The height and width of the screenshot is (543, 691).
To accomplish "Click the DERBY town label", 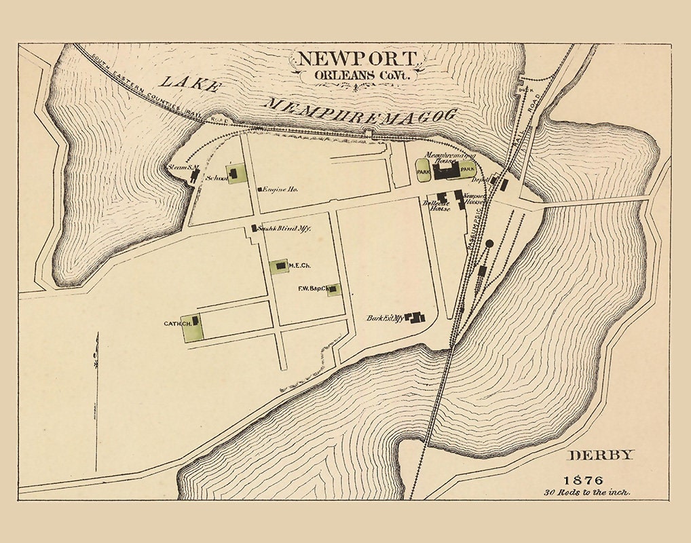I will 600,455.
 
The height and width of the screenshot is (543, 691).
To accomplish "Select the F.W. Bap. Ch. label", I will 312,288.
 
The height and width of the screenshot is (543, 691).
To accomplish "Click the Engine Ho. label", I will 280,189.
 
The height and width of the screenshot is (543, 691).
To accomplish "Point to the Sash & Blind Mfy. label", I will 286,229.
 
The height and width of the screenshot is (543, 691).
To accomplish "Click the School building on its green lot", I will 234,174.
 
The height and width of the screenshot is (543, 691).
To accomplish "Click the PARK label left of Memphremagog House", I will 424,173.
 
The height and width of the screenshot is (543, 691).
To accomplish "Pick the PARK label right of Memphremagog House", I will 466,168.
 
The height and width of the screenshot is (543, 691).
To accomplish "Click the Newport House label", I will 472,198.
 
